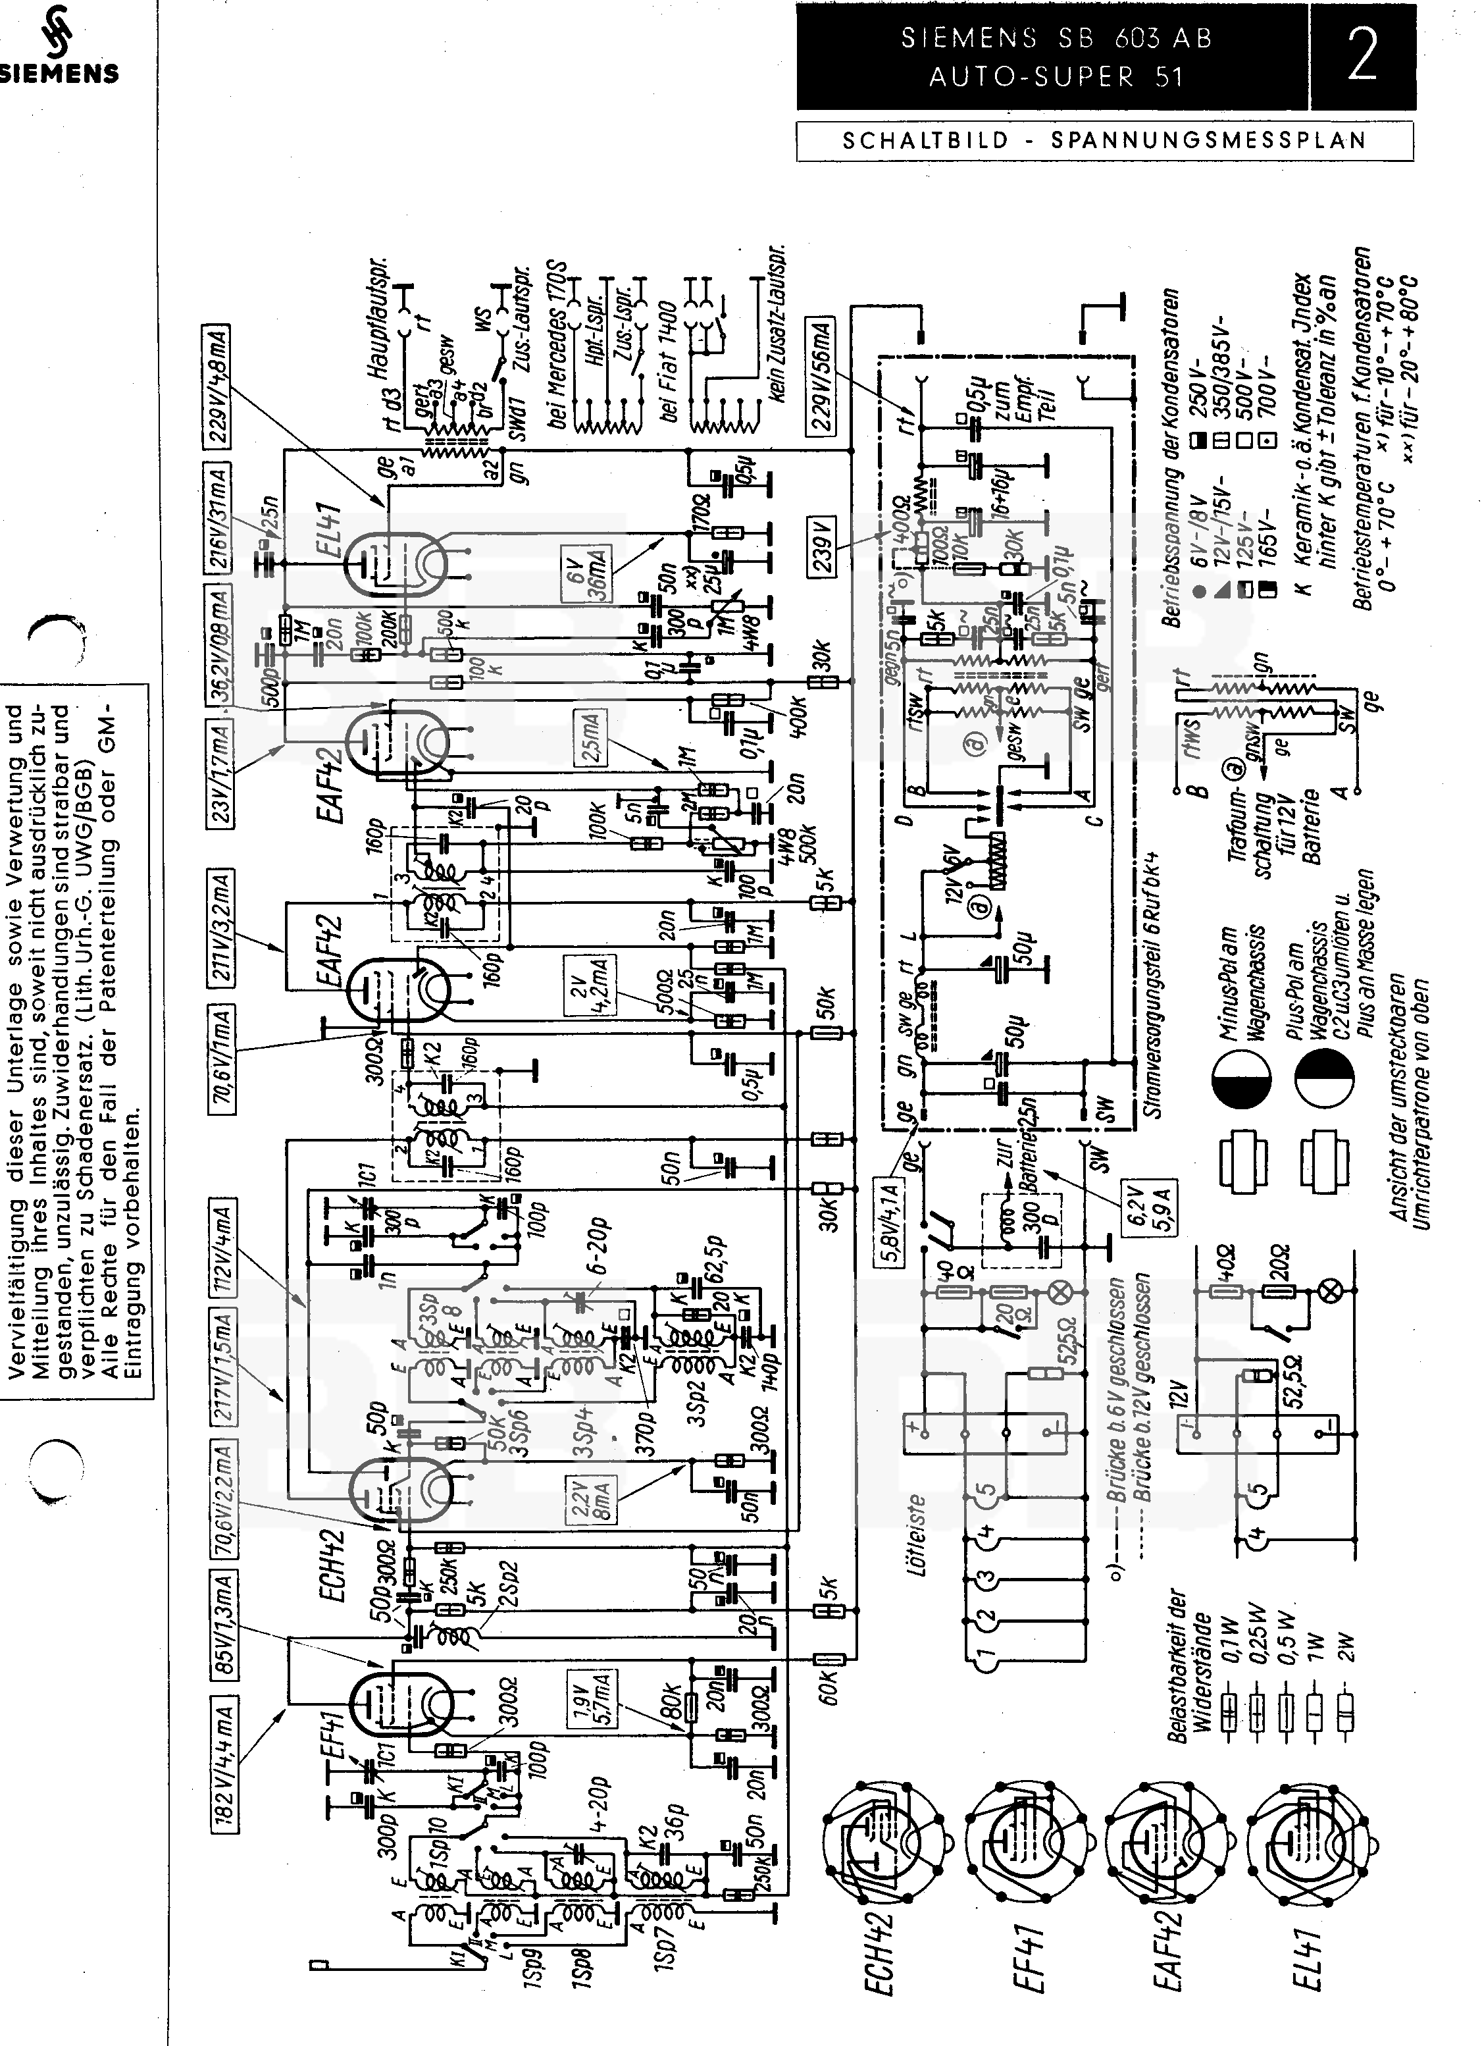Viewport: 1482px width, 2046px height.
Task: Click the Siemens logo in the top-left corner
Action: click(59, 45)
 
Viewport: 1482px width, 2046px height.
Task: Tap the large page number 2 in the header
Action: click(1362, 55)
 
